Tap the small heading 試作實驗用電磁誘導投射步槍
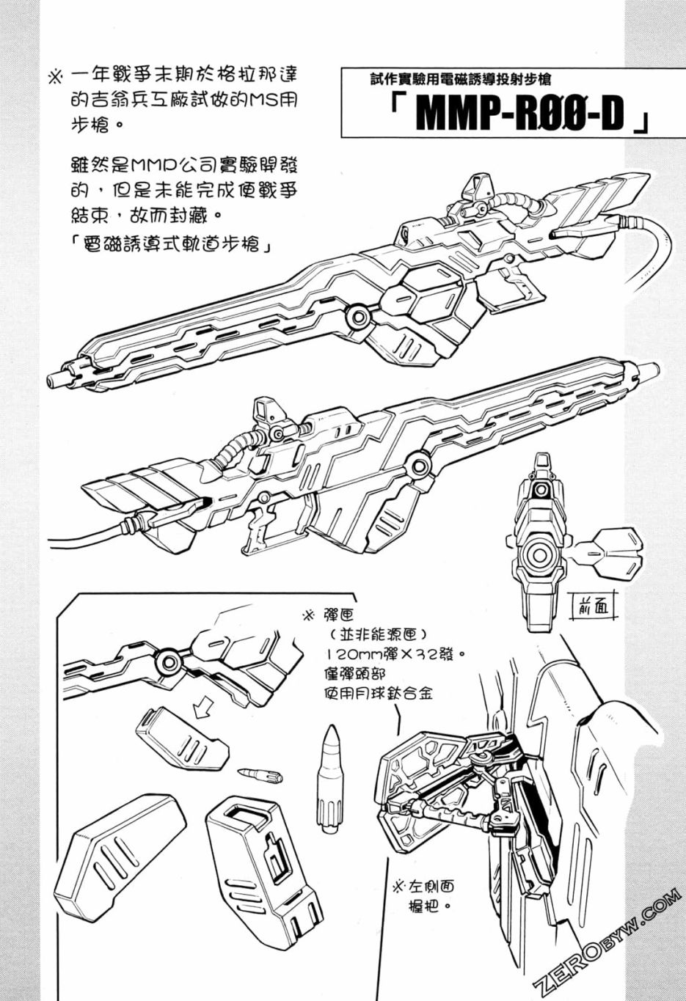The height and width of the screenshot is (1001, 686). click(460, 80)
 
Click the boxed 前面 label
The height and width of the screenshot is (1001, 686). click(593, 607)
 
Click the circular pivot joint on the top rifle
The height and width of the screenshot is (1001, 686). click(357, 316)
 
